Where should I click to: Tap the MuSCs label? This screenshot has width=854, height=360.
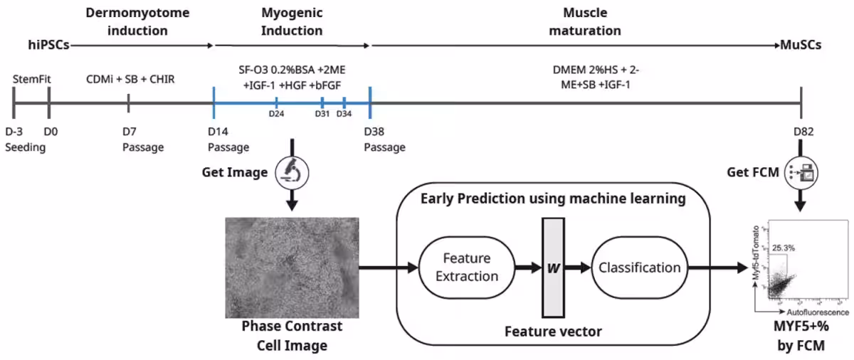800,44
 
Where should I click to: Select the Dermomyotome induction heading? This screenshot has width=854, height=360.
127,21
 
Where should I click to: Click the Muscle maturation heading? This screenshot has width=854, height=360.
582,21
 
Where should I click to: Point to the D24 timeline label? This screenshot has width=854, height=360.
276,114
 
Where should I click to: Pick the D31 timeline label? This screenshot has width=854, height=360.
322,114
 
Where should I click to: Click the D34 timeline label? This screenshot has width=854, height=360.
344,114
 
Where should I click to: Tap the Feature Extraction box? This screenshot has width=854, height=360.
467,267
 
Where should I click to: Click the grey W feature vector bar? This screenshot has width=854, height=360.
552,268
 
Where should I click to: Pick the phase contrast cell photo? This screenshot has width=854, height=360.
292,267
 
